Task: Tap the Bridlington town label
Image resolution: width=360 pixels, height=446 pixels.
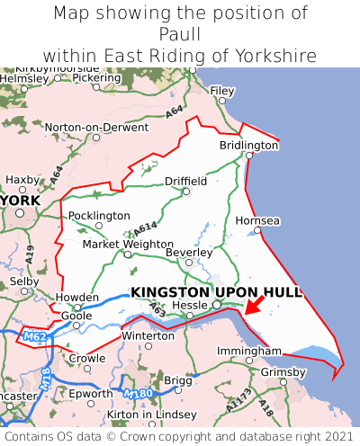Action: pos(248,145)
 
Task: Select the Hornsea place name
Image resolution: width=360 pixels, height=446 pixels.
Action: pos(257,220)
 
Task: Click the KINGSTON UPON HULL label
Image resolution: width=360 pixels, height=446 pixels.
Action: pos(216,292)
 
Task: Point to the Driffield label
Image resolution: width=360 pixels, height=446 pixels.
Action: pos(185,181)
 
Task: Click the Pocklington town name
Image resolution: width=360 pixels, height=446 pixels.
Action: pos(99,216)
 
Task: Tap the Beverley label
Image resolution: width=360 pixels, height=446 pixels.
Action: pos(190,254)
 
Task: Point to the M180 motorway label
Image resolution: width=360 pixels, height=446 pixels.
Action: pos(139,394)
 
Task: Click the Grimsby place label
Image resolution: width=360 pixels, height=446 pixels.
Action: pos(283,371)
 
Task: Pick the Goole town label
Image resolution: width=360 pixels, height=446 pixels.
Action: pos(76,316)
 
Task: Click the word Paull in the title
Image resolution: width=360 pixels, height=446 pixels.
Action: pos(180,34)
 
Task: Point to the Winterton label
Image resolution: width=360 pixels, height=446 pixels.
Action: pos(148,335)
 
